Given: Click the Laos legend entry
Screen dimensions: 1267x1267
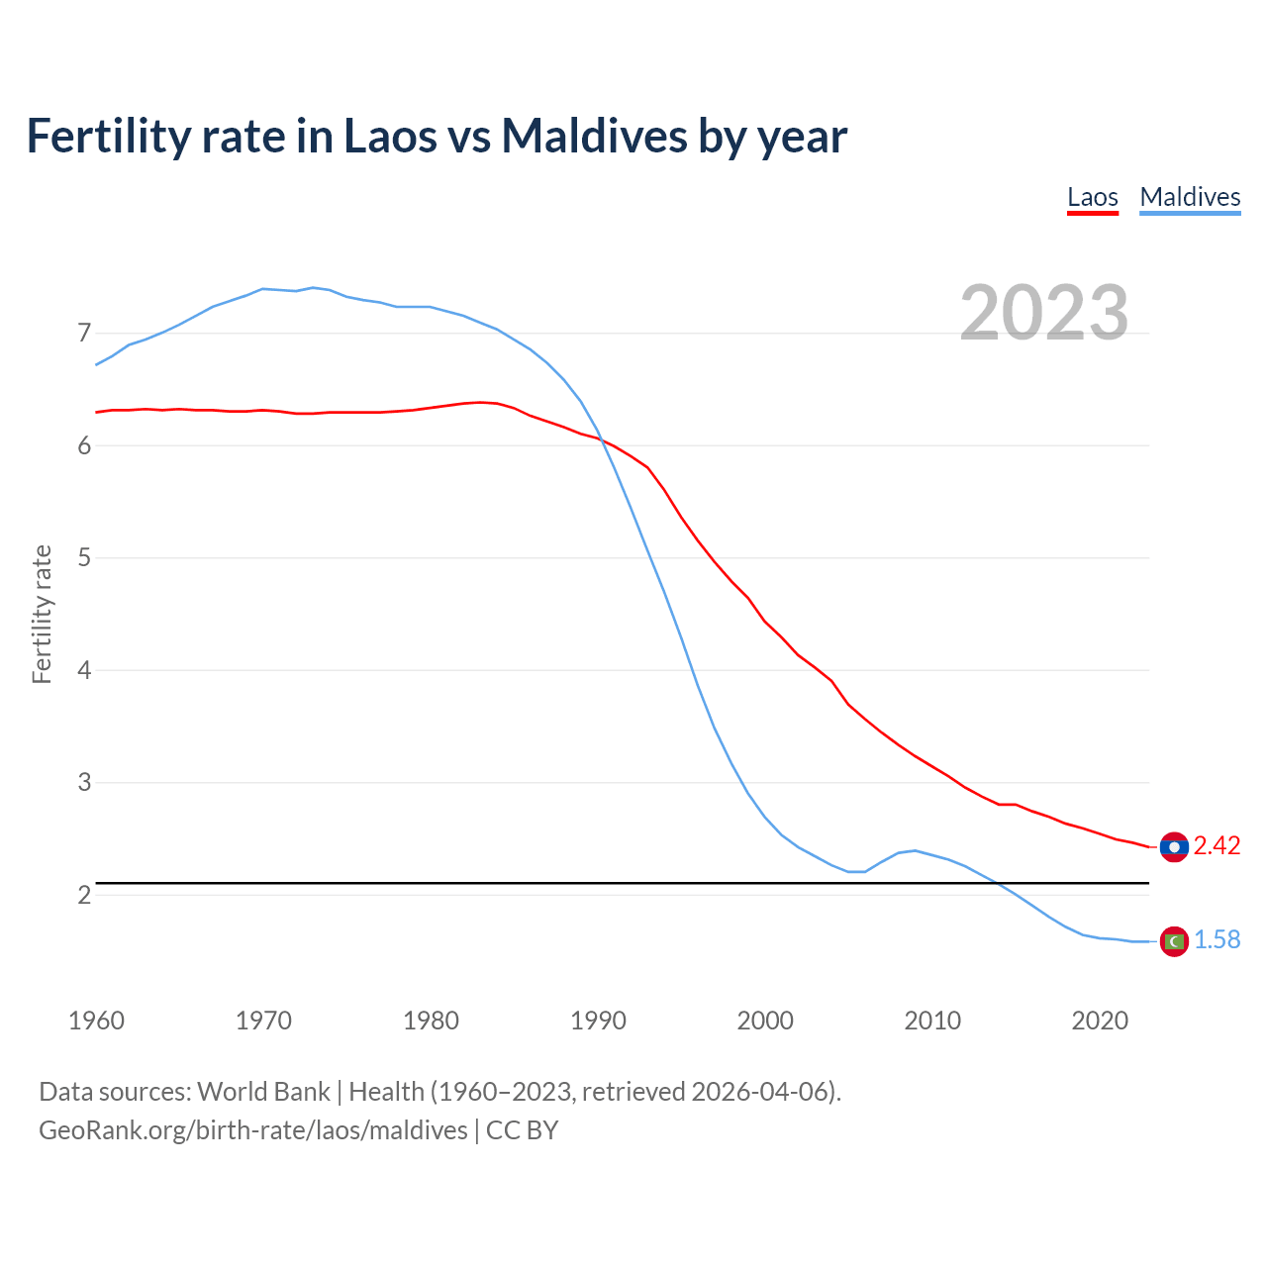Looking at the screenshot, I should pos(1092,197).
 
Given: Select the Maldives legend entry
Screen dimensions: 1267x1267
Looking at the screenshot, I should pos(1190,197).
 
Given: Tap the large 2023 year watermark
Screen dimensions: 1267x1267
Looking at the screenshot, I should pos(1043,312).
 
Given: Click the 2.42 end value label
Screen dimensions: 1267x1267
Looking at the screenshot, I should pos(1217,846).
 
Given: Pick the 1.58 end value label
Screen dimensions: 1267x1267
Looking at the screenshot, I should pos(1217,940).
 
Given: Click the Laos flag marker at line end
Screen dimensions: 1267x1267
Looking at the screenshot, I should pos(1174,847).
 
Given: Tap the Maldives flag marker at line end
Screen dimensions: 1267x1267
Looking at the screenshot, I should pos(1174,941).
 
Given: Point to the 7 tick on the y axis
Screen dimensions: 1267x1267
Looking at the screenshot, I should pos(84,334).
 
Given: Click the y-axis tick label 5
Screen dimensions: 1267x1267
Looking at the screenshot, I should pos(84,558).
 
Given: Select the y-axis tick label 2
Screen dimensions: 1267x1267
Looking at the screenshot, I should pos(84,895).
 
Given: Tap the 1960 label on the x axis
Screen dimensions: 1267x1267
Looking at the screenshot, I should pos(96,1021).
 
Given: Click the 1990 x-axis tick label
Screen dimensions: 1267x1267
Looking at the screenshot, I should pos(598,1021).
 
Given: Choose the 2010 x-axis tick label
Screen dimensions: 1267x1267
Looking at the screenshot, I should pos(932,1021).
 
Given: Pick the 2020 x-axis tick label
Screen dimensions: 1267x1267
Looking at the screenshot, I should pos(1100,1021).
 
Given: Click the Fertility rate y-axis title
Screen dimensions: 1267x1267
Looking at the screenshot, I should pos(42,614).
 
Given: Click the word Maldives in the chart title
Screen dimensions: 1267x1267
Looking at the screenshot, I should pos(594,136).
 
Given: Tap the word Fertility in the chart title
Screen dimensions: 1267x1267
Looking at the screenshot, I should pos(108,136).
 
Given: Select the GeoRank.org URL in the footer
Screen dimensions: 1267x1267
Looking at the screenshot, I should pos(252,1130).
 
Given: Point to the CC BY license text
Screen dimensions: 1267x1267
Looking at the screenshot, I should pos(522,1130).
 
